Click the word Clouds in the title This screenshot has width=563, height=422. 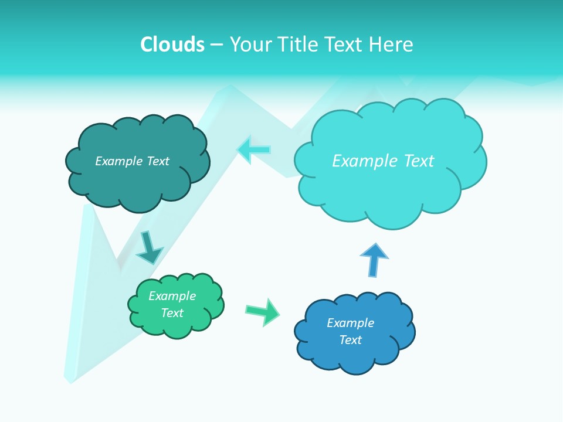pyautogui.click(x=172, y=45)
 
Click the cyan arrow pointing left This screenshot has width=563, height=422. pyautogui.click(x=254, y=150)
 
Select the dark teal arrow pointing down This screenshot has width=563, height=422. pyautogui.click(x=149, y=247)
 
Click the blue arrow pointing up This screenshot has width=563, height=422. pyautogui.click(x=374, y=260)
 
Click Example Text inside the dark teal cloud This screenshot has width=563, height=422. pyautogui.click(x=132, y=161)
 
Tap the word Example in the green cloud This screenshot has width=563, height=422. pyautogui.click(x=172, y=296)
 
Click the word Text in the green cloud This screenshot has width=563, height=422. pyautogui.click(x=172, y=313)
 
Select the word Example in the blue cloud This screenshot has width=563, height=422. pyautogui.click(x=350, y=323)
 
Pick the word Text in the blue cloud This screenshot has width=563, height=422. pyautogui.click(x=350, y=340)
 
